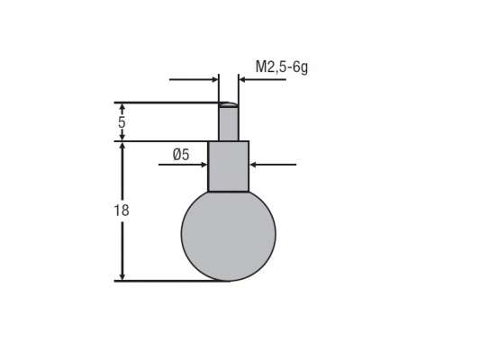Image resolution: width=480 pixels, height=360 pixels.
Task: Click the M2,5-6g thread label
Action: (x=282, y=67)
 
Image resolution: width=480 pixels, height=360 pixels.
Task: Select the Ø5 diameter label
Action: (x=180, y=155)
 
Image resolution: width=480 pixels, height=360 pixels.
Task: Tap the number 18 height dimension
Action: (x=122, y=210)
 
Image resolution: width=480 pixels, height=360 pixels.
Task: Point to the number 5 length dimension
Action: (x=122, y=120)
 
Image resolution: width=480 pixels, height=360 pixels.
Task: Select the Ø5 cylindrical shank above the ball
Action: (x=229, y=166)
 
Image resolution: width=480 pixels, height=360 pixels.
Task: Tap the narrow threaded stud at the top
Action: (x=229, y=123)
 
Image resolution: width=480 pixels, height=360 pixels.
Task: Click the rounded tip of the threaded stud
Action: (x=229, y=104)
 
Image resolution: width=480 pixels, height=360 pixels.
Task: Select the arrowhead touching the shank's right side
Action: (x=255, y=165)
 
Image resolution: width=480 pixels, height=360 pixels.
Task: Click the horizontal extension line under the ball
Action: (x=171, y=281)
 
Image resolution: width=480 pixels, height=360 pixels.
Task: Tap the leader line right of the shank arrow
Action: (x=279, y=165)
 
